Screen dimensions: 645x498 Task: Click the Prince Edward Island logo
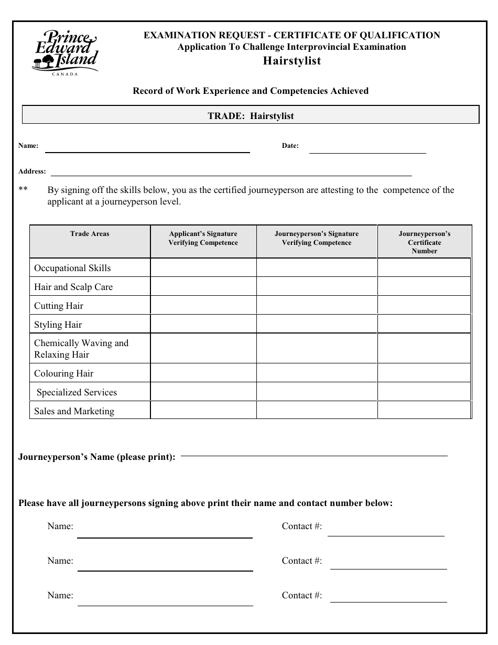pyautogui.click(x=64, y=51)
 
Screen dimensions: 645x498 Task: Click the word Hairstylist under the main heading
pyautogui.click(x=291, y=61)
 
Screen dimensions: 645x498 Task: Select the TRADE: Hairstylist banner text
pyautogui.click(x=251, y=116)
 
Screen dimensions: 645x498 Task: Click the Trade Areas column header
pyautogui.click(x=90, y=234)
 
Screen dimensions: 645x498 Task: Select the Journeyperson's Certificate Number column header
pyautogui.click(x=424, y=242)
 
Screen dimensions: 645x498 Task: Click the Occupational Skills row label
pyautogui.click(x=72, y=268)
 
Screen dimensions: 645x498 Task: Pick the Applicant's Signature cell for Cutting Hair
pyautogui.click(x=203, y=306)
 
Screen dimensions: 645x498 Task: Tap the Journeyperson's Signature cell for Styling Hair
pyautogui.click(x=317, y=325)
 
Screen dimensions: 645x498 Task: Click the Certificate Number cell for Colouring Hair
pyautogui.click(x=424, y=373)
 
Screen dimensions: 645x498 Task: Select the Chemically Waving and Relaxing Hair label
pyautogui.click(x=81, y=349)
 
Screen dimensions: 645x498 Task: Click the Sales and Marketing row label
pyautogui.click(x=74, y=411)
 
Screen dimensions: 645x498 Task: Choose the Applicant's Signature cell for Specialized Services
pyautogui.click(x=203, y=392)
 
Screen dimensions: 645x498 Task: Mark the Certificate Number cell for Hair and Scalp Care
pyautogui.click(x=424, y=287)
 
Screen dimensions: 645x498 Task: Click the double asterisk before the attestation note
pyautogui.click(x=23, y=190)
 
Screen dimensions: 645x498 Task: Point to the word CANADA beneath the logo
pyautogui.click(x=65, y=74)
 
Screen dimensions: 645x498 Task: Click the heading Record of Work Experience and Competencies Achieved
pyautogui.click(x=251, y=91)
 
